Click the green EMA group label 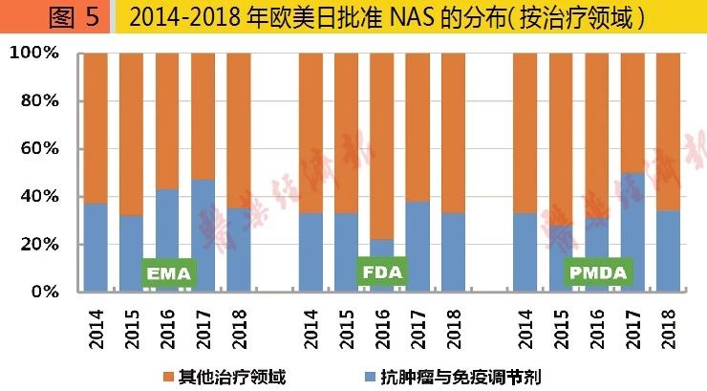(x=169, y=274)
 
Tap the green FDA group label (x=383, y=272)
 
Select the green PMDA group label (x=598, y=272)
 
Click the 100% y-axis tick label (x=35, y=54)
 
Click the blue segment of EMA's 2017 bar (x=203, y=234)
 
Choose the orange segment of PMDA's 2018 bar (x=668, y=134)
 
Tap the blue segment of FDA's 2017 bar (x=418, y=246)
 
